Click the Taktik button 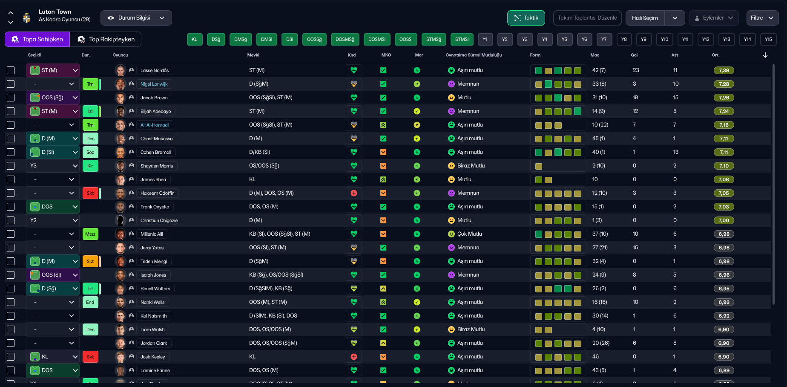tap(526, 18)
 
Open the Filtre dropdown tap(762, 18)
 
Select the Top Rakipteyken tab tap(106, 39)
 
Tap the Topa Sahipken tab tap(37, 39)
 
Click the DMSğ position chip tap(241, 39)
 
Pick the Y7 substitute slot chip tap(604, 39)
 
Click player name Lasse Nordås tap(155, 70)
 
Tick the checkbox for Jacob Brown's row tap(11, 98)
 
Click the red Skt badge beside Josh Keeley tap(90, 357)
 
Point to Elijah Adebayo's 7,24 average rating tap(724, 111)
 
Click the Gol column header tap(634, 55)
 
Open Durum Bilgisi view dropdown tap(136, 18)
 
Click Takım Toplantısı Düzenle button tap(587, 18)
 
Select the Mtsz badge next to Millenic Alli tap(90, 234)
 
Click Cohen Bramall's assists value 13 tap(676, 152)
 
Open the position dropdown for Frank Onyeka tap(53, 207)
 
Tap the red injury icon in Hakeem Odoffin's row tap(353, 193)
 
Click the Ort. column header tap(715, 55)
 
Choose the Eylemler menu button tap(714, 18)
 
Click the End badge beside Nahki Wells tap(90, 302)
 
